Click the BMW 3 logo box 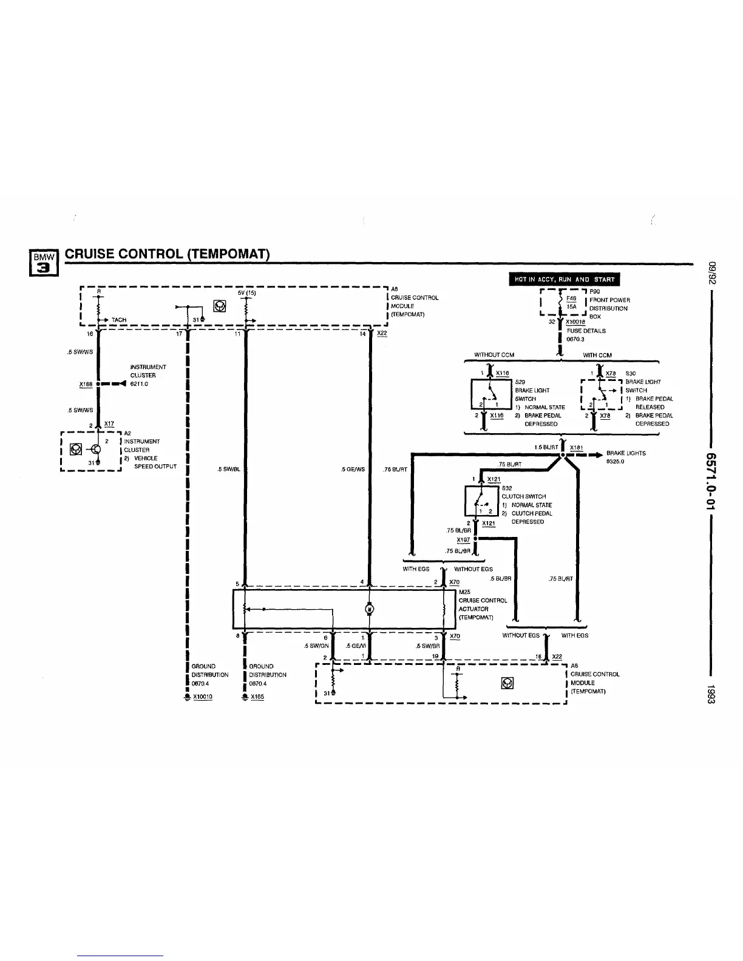coord(44,263)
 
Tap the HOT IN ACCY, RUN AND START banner coord(564,280)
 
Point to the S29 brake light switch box coord(491,394)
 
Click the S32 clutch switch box coord(482,502)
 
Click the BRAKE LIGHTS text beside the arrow coord(626,453)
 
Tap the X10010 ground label coord(203,697)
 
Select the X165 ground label coord(257,697)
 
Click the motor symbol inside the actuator coord(369,609)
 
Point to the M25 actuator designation coord(464,592)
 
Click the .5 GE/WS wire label coord(353,469)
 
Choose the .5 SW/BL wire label coord(229,469)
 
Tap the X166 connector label coord(86,384)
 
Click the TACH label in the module coord(119,320)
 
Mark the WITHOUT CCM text coord(494,355)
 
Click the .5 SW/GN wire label coord(316,646)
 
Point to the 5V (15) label coord(247,293)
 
